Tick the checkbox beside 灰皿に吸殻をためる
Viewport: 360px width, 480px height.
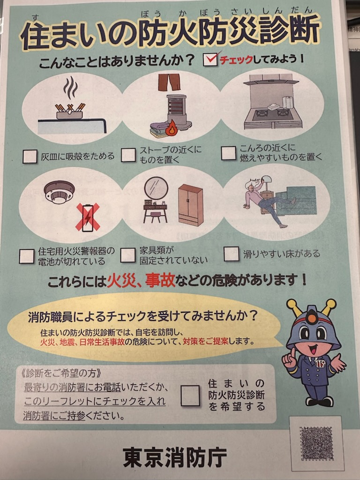click(30, 157)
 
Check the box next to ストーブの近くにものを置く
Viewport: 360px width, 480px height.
click(128, 155)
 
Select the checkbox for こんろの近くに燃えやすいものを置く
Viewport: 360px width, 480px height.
click(229, 153)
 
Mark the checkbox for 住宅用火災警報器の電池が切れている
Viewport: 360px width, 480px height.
click(27, 256)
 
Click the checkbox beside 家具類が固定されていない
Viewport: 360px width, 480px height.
click(127, 255)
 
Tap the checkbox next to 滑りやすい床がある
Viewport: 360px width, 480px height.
click(232, 254)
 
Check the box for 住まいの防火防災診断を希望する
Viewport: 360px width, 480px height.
click(190, 396)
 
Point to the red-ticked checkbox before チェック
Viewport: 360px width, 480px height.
click(211, 60)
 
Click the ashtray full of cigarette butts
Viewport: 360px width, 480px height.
click(70, 112)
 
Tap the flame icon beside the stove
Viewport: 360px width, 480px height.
click(171, 128)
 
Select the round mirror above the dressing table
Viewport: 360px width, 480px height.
click(156, 187)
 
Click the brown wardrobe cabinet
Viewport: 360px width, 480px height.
click(191, 205)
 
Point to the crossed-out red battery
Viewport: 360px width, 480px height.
click(87, 217)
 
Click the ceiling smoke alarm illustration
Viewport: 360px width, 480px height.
click(59, 192)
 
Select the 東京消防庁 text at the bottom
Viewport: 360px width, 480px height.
click(175, 457)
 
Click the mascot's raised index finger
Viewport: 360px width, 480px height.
click(293, 352)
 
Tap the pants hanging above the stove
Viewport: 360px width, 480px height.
click(169, 82)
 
